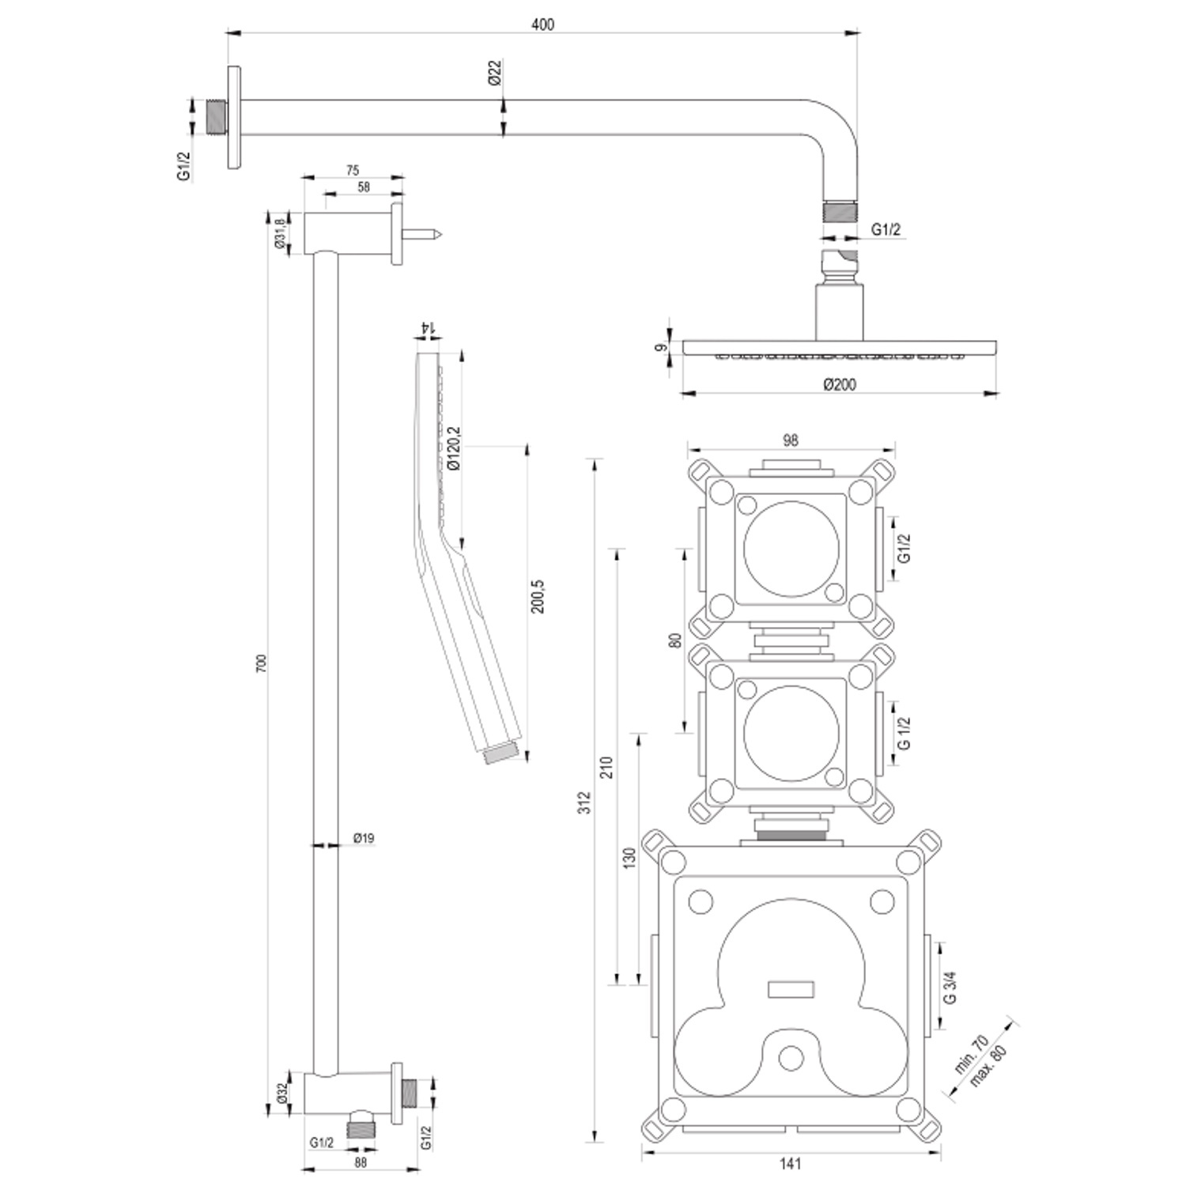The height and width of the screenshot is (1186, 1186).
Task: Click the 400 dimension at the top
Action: point(542,25)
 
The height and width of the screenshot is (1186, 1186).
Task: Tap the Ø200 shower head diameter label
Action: point(839,384)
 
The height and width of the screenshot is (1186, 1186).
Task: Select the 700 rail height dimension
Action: point(263,663)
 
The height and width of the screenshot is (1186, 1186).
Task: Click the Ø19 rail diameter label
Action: point(363,838)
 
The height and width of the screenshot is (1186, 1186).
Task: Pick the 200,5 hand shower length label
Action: point(538,598)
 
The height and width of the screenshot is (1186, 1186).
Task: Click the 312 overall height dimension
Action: point(584,803)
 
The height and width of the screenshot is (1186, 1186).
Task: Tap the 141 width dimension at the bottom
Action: point(790,1163)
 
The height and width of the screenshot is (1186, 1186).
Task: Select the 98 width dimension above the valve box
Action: point(790,441)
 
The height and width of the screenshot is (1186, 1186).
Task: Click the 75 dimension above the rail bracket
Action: point(353,170)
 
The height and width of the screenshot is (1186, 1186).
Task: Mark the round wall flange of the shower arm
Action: point(234,117)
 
